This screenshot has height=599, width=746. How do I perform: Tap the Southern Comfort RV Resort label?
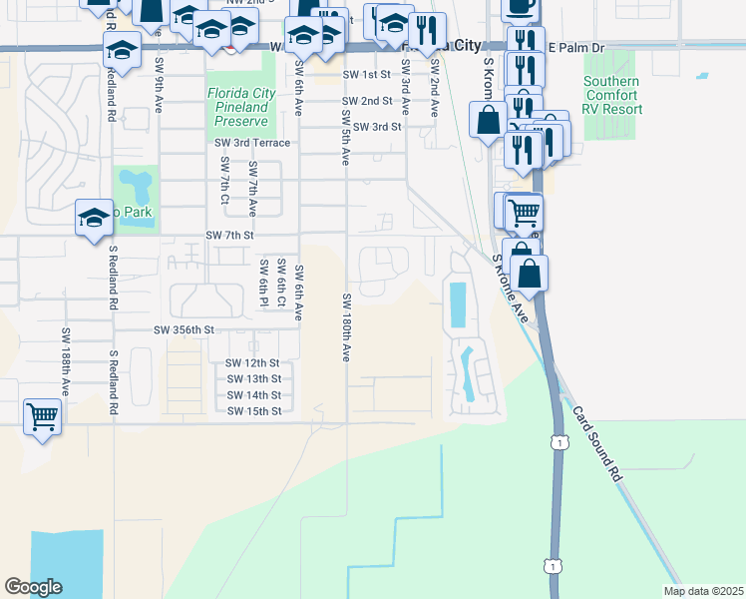click(x=612, y=95)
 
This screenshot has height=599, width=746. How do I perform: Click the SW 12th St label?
click(x=253, y=363)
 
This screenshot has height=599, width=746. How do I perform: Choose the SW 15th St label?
click(x=253, y=411)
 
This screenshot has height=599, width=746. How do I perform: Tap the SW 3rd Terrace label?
click(x=252, y=143)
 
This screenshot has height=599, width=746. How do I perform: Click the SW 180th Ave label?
click(x=346, y=327)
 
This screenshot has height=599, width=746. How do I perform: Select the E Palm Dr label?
click(x=576, y=48)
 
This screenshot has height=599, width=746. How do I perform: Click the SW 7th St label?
click(x=230, y=235)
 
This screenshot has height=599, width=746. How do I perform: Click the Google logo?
click(x=33, y=587)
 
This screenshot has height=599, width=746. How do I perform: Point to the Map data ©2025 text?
click(x=702, y=591)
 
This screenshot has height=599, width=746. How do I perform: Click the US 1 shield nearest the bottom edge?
click(x=552, y=566)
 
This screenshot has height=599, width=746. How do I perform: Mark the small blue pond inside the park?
click(x=136, y=186)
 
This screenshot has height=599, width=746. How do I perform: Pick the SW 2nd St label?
click(x=366, y=102)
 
